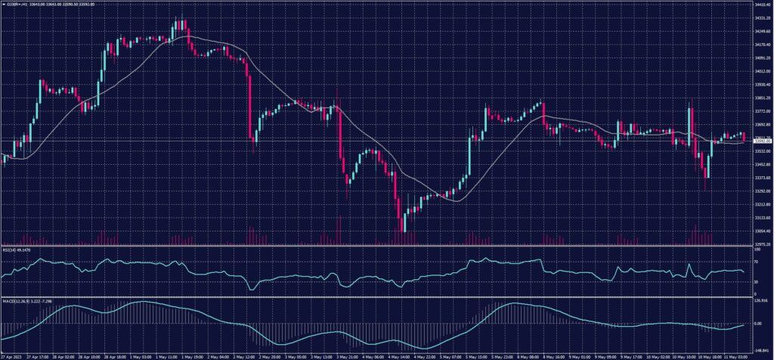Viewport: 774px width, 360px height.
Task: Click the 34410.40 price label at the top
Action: (x=760, y=6)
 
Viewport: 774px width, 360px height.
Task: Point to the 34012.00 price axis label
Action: (x=760, y=72)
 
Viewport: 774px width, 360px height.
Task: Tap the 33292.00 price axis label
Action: (x=760, y=191)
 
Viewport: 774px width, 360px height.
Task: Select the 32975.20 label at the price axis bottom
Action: (x=760, y=244)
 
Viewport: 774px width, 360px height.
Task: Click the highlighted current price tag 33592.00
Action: (x=760, y=141)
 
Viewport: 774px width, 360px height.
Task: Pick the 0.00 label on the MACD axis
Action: (x=758, y=324)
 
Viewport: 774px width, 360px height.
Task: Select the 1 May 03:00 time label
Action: (x=140, y=354)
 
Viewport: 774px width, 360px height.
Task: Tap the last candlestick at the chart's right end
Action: (x=745, y=137)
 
